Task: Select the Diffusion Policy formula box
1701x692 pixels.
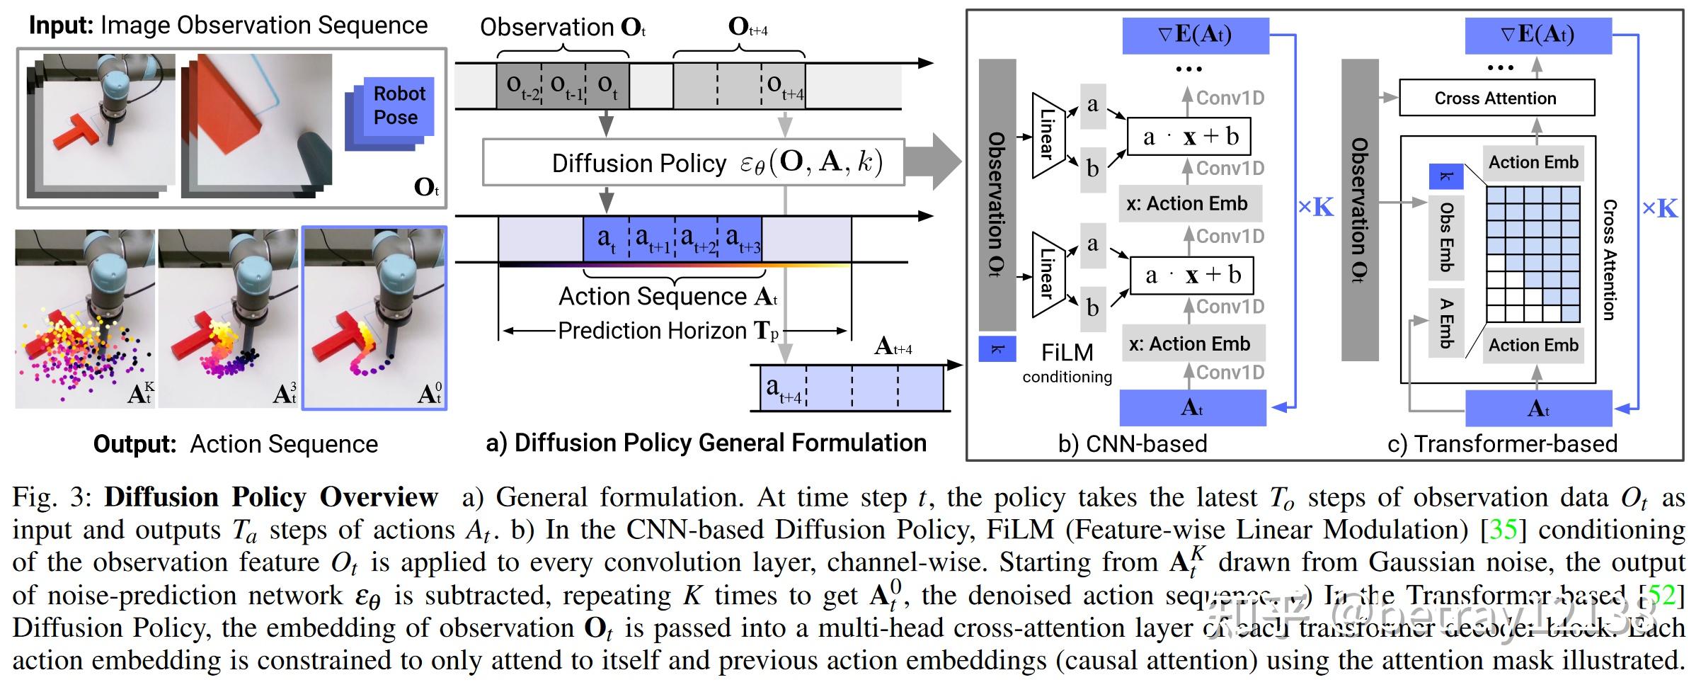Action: point(693,162)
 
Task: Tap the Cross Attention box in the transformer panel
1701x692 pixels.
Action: point(1496,98)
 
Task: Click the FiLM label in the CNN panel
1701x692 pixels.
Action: point(1067,353)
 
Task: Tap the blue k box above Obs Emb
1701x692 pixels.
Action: point(1445,176)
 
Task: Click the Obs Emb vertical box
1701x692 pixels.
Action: point(1445,237)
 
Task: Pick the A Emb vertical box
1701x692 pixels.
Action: point(1445,323)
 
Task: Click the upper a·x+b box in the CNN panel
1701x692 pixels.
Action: point(1189,136)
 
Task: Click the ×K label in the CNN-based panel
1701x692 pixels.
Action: point(1315,208)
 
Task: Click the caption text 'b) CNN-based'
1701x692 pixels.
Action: point(1132,444)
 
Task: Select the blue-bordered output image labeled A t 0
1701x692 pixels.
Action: point(374,317)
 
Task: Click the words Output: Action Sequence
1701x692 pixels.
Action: point(236,444)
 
